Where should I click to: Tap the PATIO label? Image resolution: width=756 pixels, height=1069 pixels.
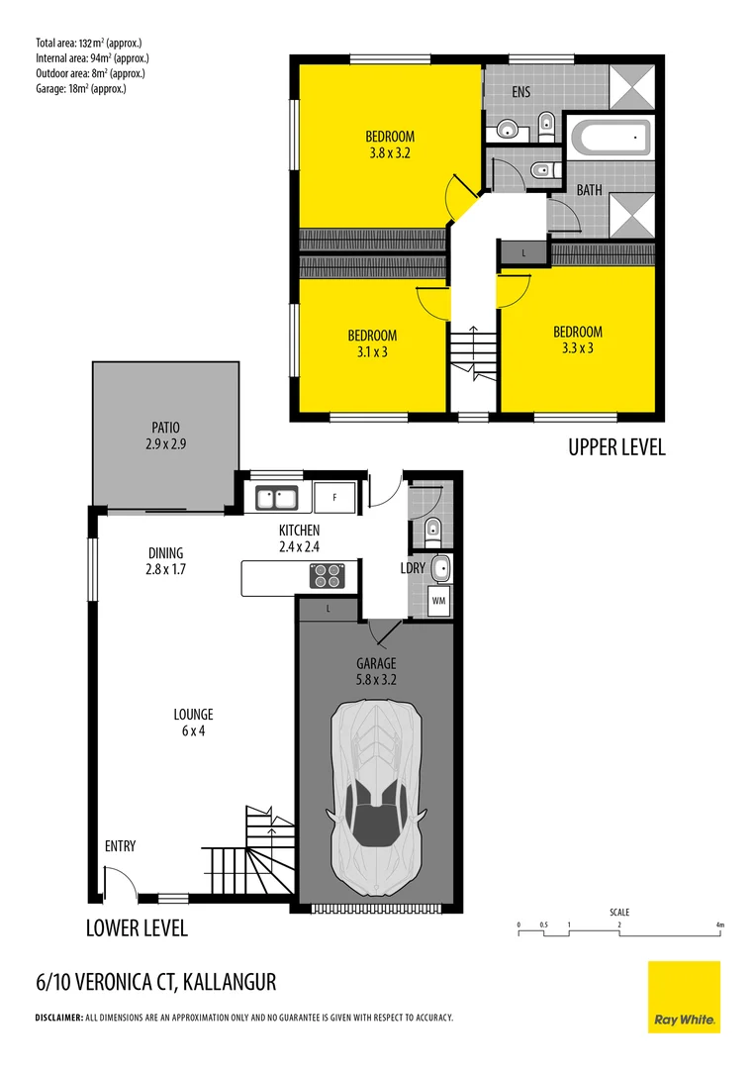coord(165,429)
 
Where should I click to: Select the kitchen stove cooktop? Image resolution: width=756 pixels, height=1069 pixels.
coord(327,576)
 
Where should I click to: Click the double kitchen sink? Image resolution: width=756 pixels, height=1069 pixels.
coord(278,497)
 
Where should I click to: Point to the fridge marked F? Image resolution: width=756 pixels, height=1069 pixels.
coord(334,497)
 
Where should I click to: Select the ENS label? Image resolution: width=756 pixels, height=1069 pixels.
coord(521,93)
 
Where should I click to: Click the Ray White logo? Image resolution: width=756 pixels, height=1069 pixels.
coord(684,997)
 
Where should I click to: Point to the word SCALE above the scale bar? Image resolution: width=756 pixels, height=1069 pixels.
coord(619,913)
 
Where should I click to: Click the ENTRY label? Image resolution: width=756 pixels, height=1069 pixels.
coord(120,846)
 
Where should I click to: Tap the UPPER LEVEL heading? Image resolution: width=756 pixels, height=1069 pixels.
coord(616,447)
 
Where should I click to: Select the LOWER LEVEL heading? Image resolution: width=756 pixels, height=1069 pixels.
coord(136,929)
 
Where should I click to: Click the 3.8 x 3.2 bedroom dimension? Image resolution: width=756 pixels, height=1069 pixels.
coord(389,153)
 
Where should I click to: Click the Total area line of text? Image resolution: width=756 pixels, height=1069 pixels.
coord(88,43)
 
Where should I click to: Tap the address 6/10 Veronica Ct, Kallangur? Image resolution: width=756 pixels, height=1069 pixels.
coord(155,982)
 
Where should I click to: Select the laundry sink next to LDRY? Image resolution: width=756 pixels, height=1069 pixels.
coord(440,568)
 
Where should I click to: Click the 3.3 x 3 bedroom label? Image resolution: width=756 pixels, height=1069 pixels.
coord(577,348)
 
